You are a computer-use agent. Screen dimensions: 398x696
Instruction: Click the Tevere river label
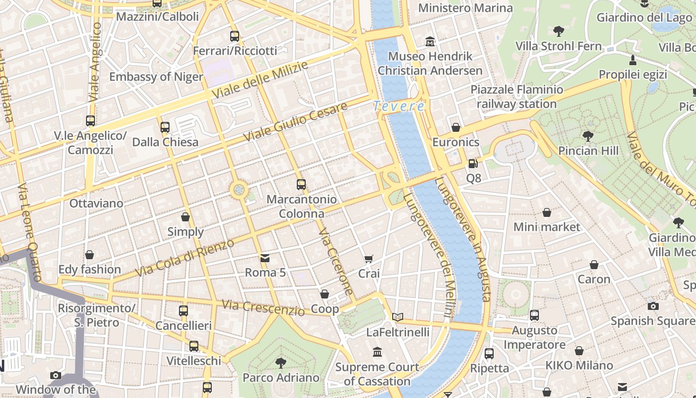click(x=399, y=106)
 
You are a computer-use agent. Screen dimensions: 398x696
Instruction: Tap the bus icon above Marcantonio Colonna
click(x=301, y=185)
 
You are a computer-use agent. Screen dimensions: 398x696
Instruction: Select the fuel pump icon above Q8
click(x=473, y=163)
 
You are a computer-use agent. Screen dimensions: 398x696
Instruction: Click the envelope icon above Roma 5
click(x=265, y=258)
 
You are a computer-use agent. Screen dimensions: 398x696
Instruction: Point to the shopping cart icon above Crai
click(x=368, y=259)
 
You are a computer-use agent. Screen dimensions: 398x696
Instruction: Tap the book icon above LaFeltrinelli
click(x=397, y=317)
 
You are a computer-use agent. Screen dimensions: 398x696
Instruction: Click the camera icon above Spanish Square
click(x=653, y=306)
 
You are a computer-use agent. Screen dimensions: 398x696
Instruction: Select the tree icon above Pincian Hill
click(x=588, y=136)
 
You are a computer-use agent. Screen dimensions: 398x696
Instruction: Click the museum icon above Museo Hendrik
click(x=430, y=41)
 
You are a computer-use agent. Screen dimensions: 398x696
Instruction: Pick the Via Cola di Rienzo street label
click(x=184, y=258)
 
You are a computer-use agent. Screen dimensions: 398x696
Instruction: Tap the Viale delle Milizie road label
click(x=260, y=80)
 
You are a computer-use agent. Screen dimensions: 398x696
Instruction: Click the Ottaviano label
click(x=96, y=203)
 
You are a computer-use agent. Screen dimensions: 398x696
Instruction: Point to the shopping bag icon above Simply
click(x=185, y=217)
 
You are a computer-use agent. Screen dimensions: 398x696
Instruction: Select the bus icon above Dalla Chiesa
click(x=165, y=127)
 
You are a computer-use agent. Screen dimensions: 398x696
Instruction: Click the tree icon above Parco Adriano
click(x=281, y=363)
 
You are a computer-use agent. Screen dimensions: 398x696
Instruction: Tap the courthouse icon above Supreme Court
click(x=377, y=352)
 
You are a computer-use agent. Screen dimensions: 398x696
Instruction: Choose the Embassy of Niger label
click(x=156, y=77)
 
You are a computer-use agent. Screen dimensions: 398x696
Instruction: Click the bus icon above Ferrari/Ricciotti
click(x=235, y=36)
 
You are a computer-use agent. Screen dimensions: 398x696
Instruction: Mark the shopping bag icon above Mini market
click(x=547, y=212)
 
